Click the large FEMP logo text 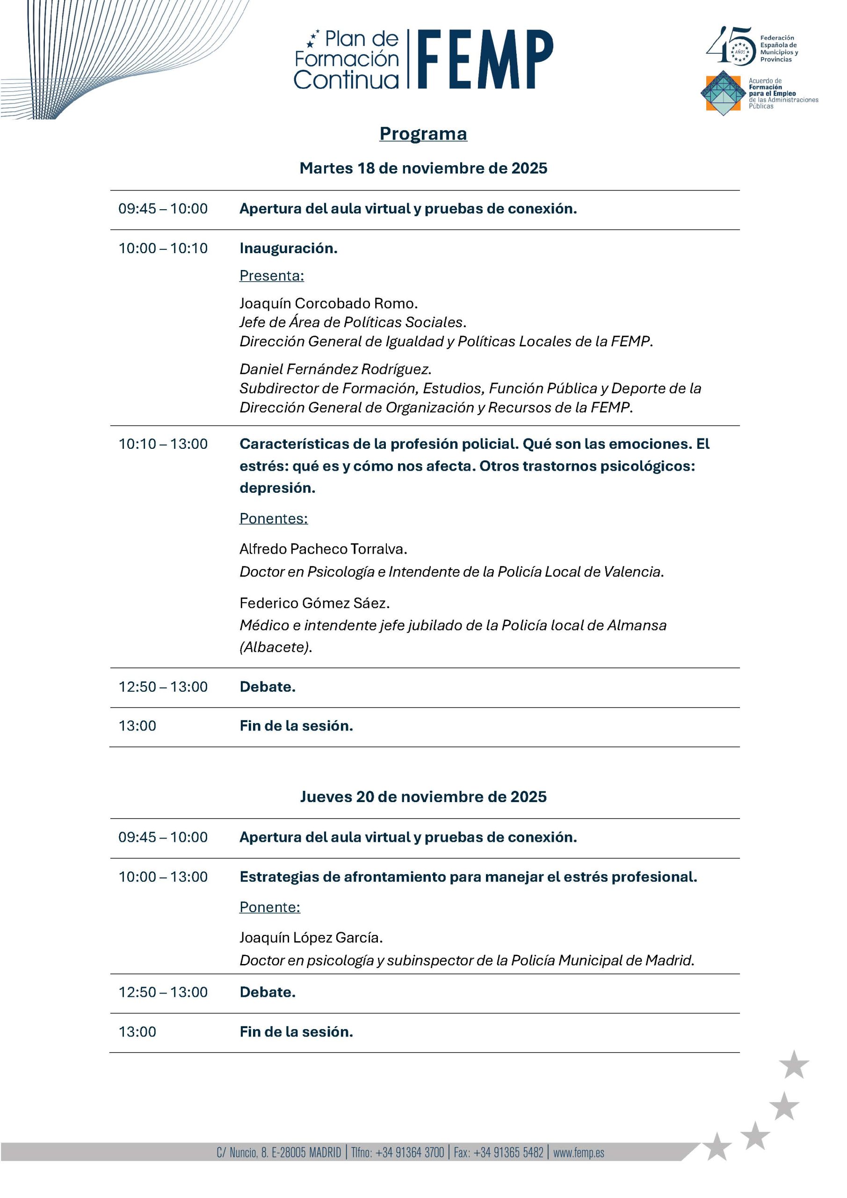click(485, 58)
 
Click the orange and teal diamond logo click(722, 93)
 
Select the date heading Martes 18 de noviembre click(423, 168)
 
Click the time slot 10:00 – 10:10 click(163, 248)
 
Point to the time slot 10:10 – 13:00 click(163, 444)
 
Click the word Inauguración click(289, 248)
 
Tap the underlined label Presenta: click(271, 276)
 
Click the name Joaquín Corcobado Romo click(328, 303)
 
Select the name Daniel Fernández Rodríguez click(335, 369)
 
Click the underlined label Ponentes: click(273, 518)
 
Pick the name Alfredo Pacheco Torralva click(323, 549)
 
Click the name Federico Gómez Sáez click(314, 603)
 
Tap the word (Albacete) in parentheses click(275, 647)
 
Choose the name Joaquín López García click(311, 938)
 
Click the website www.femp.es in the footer click(579, 1152)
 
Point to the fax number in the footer click(498, 1152)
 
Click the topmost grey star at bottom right click(794, 1065)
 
